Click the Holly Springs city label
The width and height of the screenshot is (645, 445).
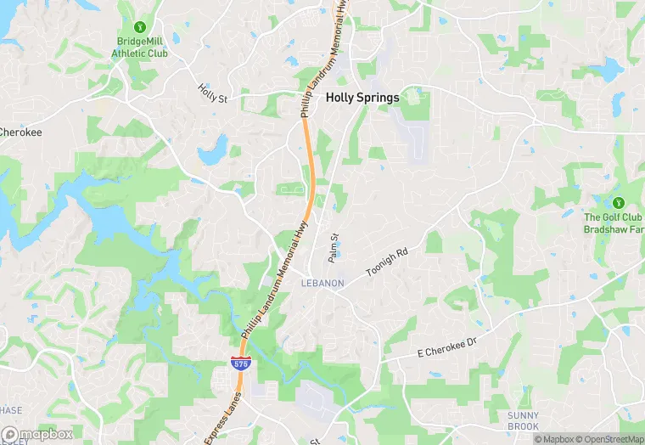[362, 98]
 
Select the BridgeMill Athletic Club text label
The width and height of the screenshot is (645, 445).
[140, 47]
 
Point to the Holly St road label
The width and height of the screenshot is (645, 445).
[213, 93]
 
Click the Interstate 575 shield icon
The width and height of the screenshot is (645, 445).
[239, 363]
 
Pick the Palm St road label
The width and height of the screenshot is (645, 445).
[334, 248]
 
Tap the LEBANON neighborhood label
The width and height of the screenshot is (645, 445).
[322, 283]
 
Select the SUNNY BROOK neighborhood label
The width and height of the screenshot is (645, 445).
[523, 420]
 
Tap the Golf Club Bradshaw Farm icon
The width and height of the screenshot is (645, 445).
[618, 203]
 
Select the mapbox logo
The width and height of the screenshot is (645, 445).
[37, 434]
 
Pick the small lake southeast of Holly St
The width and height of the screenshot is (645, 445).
[212, 151]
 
